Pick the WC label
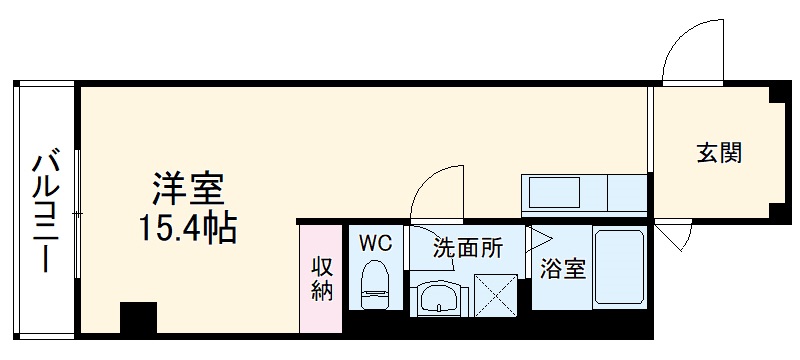pyautogui.click(x=375, y=243)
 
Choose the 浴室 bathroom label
pyautogui.click(x=561, y=268)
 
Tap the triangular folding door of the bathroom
pyautogui.click(x=538, y=238)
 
